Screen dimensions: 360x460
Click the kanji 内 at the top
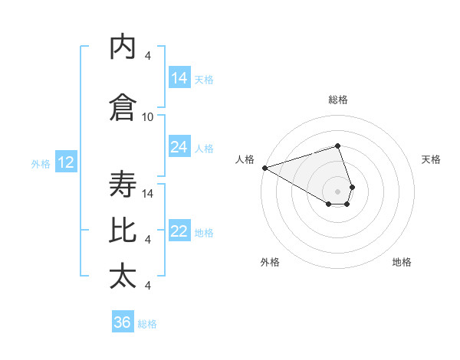coord(123,47)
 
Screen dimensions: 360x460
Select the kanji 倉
coord(123,107)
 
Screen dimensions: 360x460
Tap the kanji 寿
coord(123,185)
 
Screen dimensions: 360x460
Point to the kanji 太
coord(123,276)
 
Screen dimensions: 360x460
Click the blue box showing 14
coord(179,78)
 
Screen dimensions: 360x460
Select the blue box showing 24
coord(179,147)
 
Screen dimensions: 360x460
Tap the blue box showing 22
coord(179,232)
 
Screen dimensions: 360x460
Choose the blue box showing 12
coord(65,162)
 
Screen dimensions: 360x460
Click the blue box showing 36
coord(123,322)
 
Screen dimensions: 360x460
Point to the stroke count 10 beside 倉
coord(148,116)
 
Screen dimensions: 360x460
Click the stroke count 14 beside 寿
coord(148,193)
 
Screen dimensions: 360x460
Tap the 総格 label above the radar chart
coord(338,100)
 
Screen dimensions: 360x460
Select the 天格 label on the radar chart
coord(431,159)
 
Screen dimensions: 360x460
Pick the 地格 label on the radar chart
coord(402,262)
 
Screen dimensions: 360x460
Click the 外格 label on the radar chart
coord(270,262)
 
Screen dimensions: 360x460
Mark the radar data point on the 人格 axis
coord(264,168)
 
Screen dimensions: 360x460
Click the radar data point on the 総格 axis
coord(337,146)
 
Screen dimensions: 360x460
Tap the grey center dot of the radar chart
coord(337,191)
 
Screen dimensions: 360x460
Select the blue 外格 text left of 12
coord(40,163)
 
